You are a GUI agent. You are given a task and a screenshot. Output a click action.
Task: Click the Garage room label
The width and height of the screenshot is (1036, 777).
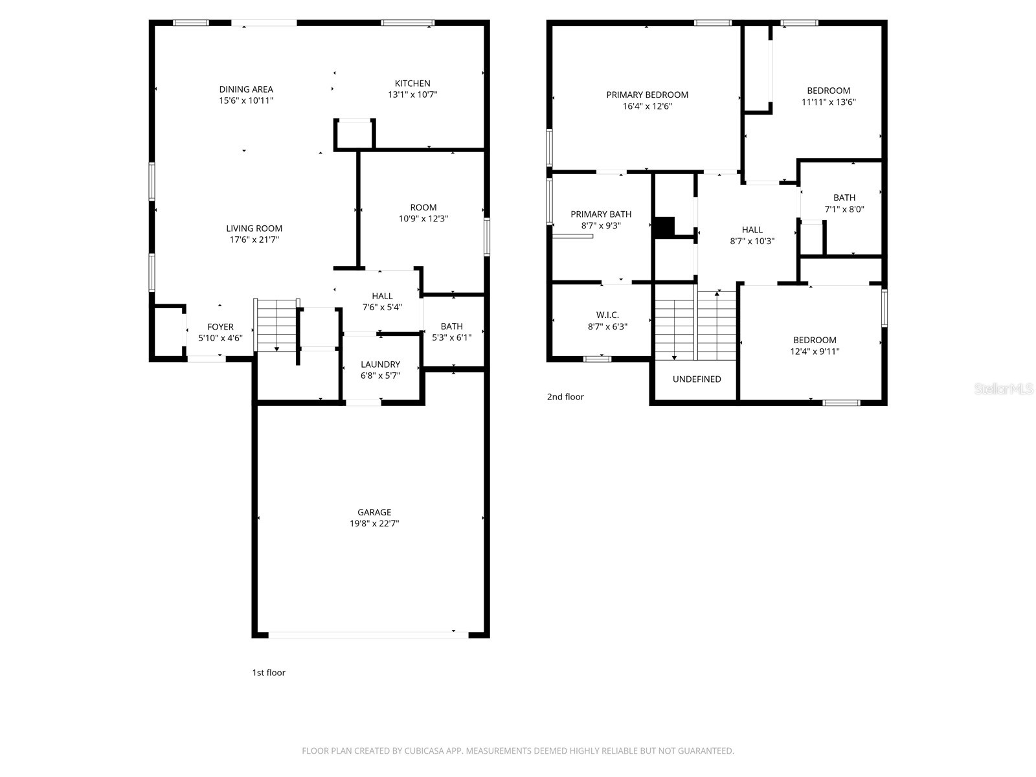(374, 512)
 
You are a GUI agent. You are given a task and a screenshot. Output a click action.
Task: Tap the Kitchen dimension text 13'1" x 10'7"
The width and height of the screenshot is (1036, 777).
(412, 95)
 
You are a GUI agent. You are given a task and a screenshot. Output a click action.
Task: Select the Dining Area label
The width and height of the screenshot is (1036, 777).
(246, 89)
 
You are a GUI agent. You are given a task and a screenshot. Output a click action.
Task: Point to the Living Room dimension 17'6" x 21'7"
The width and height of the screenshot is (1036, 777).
(254, 240)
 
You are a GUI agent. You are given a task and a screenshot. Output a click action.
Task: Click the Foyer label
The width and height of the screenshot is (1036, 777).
(220, 327)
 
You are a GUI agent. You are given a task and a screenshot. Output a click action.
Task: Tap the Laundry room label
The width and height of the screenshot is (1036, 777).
(380, 365)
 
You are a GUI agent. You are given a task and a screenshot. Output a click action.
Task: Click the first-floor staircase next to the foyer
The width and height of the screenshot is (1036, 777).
(277, 326)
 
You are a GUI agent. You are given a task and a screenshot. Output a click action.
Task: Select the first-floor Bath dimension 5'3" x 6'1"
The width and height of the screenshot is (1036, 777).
(451, 337)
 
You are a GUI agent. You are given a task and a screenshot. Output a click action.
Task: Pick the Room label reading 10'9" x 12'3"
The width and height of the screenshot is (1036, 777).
(423, 208)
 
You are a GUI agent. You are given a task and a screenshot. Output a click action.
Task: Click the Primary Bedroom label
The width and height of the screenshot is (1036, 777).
(647, 95)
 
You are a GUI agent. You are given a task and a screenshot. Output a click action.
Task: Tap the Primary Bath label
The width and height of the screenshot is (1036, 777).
(601, 214)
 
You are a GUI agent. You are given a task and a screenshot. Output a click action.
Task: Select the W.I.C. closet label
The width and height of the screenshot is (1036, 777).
(607, 315)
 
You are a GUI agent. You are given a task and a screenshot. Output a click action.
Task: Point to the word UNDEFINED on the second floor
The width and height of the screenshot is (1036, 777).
(697, 379)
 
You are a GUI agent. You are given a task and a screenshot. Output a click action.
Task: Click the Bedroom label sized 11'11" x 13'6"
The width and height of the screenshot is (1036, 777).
(828, 91)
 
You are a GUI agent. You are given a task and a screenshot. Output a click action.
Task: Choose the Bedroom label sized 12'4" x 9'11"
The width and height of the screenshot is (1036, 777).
(815, 340)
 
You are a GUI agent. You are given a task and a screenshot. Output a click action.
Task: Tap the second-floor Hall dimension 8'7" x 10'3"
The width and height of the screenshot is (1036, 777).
(752, 241)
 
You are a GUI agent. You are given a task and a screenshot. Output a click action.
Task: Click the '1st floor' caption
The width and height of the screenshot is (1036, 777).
(268, 673)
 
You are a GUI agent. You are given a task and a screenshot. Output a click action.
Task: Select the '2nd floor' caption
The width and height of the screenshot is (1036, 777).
(565, 397)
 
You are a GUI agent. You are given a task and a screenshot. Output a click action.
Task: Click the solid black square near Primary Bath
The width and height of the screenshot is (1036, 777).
(665, 227)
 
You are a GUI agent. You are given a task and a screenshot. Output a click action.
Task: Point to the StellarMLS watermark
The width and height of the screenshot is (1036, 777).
(1003, 389)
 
